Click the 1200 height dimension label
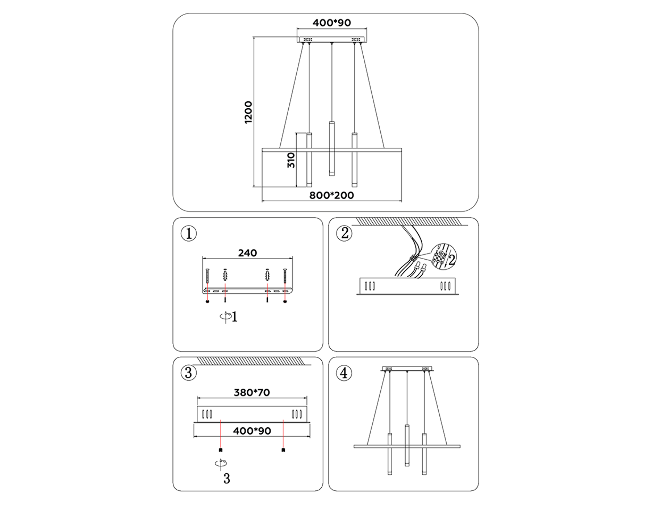coord(248,112)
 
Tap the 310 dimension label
coord(291,160)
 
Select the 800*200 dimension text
coord(331,196)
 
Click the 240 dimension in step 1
coord(247,253)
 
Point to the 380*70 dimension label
coord(252,393)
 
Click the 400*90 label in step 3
coord(252,431)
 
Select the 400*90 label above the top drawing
coord(331,23)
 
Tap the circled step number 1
coord(189,234)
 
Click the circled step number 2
coord(344,233)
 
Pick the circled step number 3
coord(189,373)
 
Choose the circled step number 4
coord(344,373)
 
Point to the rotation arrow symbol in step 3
coord(221,464)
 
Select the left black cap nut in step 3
coord(221,450)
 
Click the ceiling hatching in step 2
coord(409,221)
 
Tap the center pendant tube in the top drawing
coord(331,148)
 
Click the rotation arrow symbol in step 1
coord(225,316)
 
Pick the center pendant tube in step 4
coord(407,445)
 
